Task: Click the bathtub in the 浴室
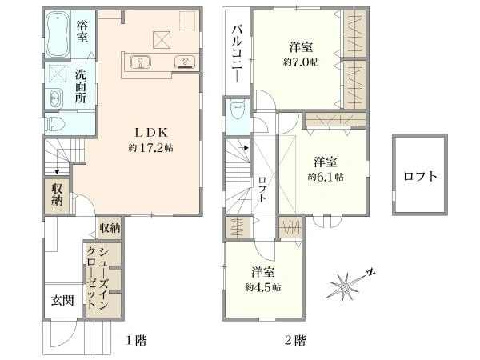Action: click(58, 34)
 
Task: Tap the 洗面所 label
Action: click(81, 87)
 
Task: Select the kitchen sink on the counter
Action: click(140, 62)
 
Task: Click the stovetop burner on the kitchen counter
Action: click(186, 62)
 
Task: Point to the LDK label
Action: click(151, 133)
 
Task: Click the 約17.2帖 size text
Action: click(150, 148)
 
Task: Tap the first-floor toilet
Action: click(55, 125)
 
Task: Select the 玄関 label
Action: click(62, 300)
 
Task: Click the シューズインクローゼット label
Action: click(98, 278)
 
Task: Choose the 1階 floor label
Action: click(137, 341)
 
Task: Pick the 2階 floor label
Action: click(295, 341)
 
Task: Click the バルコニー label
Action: click(238, 54)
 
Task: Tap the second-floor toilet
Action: click(238, 110)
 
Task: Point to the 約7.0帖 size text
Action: click(301, 62)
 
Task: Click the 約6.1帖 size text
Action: click(326, 177)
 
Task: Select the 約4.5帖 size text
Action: click(263, 287)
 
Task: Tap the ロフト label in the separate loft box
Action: click(420, 176)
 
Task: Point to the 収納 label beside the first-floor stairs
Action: click(57, 194)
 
